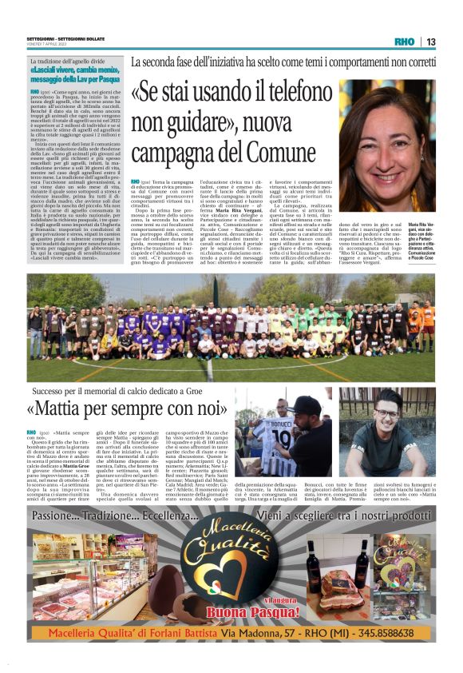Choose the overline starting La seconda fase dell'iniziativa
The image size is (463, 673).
[x=283, y=62]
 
